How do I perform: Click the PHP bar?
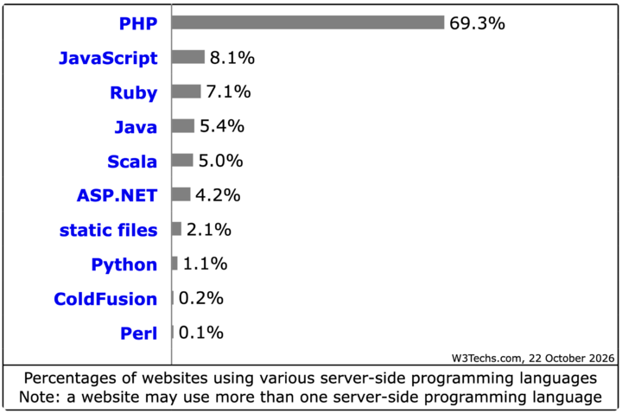pyautogui.click(x=308, y=22)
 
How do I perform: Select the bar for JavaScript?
pyautogui.click(x=188, y=57)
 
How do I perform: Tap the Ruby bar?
pyautogui.click(x=186, y=92)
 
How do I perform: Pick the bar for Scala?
pyautogui.click(x=182, y=161)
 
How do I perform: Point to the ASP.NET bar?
pyautogui.click(x=181, y=194)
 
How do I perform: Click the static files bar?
pyautogui.click(x=176, y=229)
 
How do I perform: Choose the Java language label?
pyautogui.click(x=136, y=127)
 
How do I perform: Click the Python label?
pyautogui.click(x=124, y=265)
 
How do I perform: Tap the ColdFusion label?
pyautogui.click(x=105, y=299)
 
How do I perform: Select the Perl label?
pyautogui.click(x=139, y=334)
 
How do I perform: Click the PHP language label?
pyautogui.click(x=138, y=24)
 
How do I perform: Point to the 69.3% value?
pyautogui.click(x=477, y=23)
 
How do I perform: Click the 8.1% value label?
pyautogui.click(x=232, y=58)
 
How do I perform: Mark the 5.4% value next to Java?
pyautogui.click(x=222, y=126)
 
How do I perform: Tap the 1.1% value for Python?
pyautogui.click(x=205, y=264)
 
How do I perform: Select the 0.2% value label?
pyautogui.click(x=201, y=298)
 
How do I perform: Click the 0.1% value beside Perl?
pyautogui.click(x=201, y=333)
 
